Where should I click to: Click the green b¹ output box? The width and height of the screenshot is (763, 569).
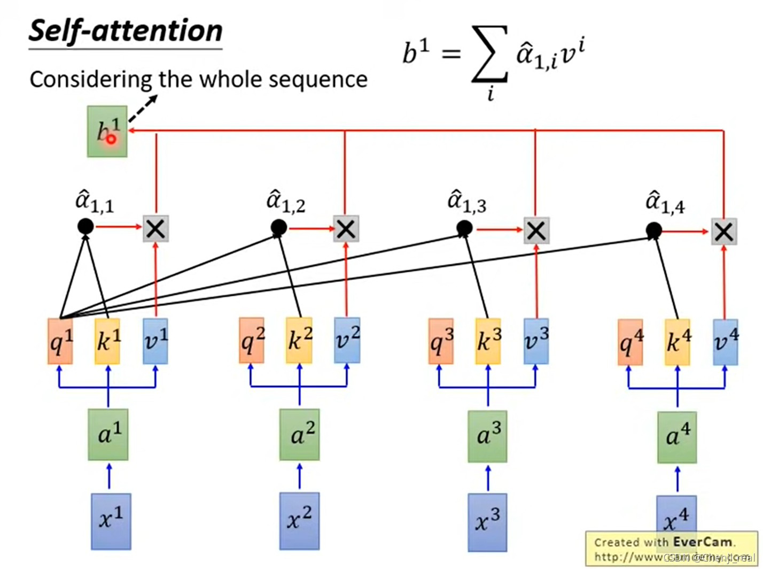tap(107, 132)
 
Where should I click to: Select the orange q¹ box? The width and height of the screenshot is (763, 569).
tap(60, 341)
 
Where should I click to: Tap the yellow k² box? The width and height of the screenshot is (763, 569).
tap(299, 340)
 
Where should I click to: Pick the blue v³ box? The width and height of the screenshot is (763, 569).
tap(536, 341)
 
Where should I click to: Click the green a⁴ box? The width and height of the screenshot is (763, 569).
tap(677, 437)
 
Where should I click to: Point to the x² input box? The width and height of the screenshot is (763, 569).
tap(299, 520)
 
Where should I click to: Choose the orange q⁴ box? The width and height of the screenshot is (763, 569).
tap(630, 342)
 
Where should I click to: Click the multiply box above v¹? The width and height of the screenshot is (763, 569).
tap(156, 229)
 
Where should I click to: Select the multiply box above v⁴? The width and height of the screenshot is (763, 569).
tap(724, 232)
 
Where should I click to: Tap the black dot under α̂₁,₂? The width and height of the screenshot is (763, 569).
tap(278, 228)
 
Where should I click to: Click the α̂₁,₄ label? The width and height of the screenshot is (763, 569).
tap(665, 203)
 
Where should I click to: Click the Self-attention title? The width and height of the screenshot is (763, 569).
tap(126, 30)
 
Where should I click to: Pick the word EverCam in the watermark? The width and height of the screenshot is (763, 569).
tap(702, 542)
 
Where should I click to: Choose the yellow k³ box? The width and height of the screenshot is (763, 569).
tap(488, 341)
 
